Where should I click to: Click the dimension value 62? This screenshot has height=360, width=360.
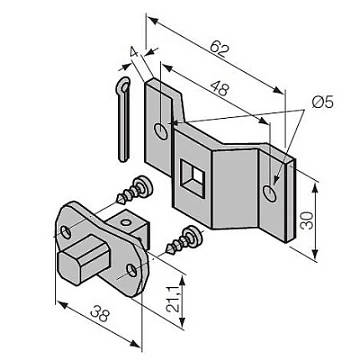click(220, 49)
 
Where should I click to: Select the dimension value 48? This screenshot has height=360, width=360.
click(219, 88)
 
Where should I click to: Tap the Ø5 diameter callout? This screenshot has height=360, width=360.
click(322, 103)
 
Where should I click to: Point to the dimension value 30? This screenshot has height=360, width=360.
click(307, 220)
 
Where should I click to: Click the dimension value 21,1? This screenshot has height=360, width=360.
click(174, 298)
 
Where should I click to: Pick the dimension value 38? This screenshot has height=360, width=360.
click(100, 314)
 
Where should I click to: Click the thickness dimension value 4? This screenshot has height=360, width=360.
click(134, 52)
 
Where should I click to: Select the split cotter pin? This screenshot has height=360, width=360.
click(123, 119)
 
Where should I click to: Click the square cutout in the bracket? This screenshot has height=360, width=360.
click(192, 178)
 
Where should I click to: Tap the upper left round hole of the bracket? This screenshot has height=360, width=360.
click(161, 131)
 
